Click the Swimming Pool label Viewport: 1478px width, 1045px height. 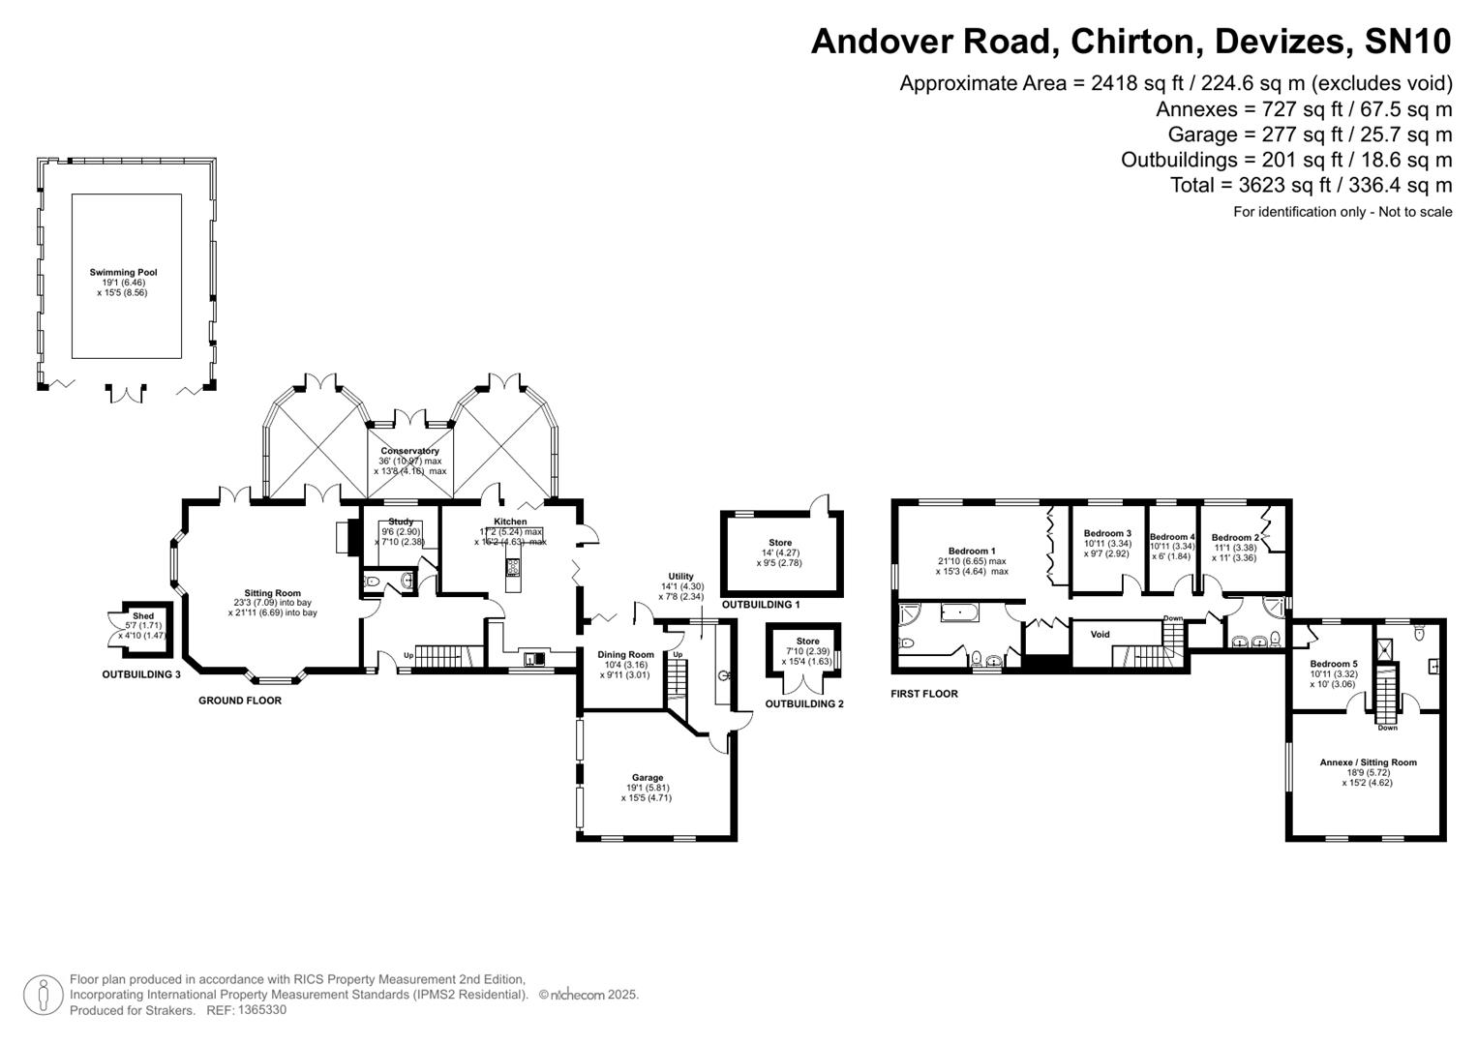(x=123, y=273)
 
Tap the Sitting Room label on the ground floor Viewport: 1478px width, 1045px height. (x=272, y=593)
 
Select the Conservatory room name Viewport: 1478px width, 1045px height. (x=409, y=451)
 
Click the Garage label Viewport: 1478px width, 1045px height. (x=648, y=778)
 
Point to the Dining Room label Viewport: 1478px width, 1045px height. (x=625, y=655)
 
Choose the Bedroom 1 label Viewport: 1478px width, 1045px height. (x=972, y=552)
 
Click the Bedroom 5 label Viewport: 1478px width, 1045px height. (x=1333, y=664)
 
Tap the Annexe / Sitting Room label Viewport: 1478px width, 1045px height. (x=1368, y=762)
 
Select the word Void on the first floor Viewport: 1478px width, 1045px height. (x=1100, y=635)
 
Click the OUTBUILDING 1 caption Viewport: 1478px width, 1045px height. (x=761, y=605)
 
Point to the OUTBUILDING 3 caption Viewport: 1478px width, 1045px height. (x=141, y=674)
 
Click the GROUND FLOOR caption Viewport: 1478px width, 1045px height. (x=240, y=701)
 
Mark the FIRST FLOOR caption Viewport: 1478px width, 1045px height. (x=924, y=694)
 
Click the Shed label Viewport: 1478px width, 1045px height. (x=143, y=616)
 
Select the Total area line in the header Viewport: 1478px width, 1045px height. (x=1311, y=185)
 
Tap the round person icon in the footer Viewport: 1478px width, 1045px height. (x=43, y=996)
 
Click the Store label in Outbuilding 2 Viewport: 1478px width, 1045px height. (x=807, y=642)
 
